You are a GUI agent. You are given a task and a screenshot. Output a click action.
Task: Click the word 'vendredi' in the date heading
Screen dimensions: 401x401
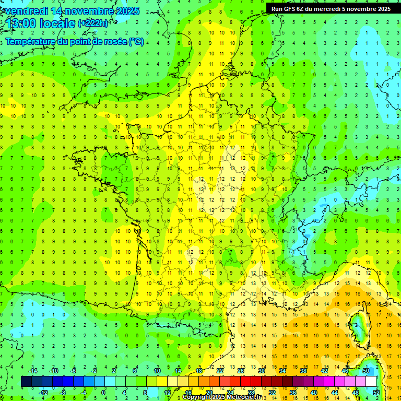[x=26, y=11]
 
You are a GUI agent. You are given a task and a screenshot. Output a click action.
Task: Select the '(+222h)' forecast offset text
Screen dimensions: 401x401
[x=93, y=23]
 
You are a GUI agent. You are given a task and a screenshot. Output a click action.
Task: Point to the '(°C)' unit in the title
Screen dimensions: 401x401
[x=136, y=41]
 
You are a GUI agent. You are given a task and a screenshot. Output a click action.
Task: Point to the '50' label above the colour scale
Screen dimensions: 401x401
[x=365, y=370]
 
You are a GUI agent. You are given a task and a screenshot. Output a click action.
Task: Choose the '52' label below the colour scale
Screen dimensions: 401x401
[x=376, y=393]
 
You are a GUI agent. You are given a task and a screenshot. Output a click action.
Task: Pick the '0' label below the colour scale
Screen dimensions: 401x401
[x=103, y=393]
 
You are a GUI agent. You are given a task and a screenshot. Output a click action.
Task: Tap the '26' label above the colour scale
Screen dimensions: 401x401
[x=240, y=370]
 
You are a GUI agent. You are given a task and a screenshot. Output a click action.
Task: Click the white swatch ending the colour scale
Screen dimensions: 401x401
[x=371, y=382]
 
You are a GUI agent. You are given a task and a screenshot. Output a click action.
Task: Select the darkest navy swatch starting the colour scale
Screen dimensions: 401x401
[x=26, y=382]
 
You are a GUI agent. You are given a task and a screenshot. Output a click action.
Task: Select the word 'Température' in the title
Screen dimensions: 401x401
[x=30, y=41]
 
